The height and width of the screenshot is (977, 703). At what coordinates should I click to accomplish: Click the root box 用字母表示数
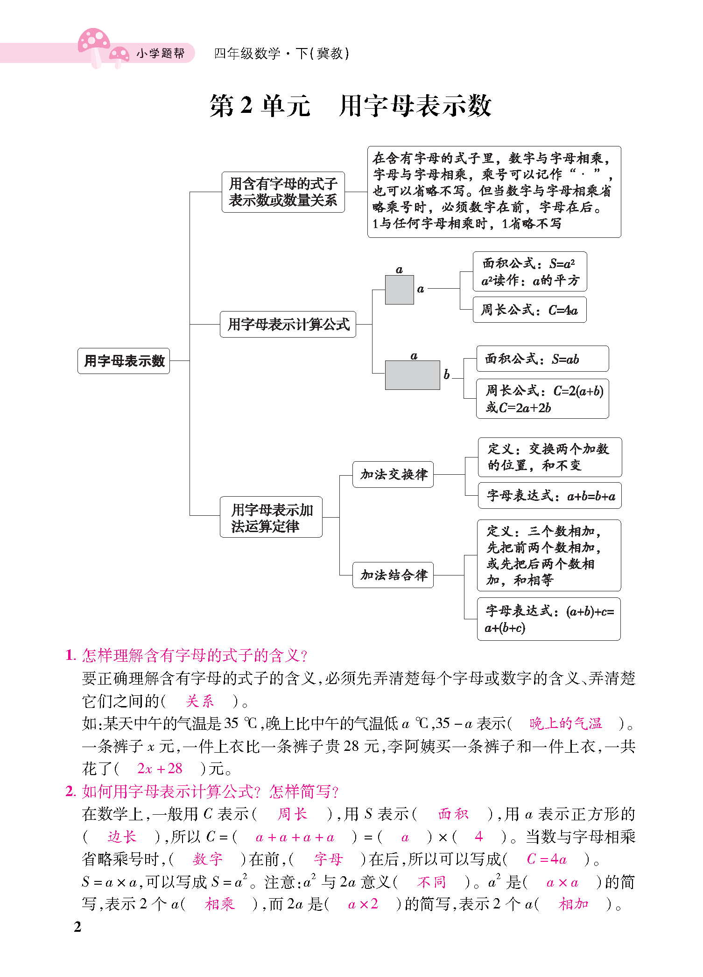[x=124, y=360]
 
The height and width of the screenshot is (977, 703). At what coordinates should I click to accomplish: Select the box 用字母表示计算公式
[x=288, y=324]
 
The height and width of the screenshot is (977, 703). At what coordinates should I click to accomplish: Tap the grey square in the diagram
[x=399, y=290]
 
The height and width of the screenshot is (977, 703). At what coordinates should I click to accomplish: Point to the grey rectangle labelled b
[x=412, y=375]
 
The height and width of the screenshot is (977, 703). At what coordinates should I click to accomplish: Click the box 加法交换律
[x=393, y=474]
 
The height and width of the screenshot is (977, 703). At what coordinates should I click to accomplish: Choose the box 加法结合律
[x=393, y=575]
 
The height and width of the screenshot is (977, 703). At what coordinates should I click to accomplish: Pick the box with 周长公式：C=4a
[x=529, y=310]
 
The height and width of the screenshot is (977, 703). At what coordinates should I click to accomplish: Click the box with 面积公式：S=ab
[x=542, y=359]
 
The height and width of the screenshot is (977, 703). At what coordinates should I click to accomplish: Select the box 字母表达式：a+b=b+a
[x=550, y=496]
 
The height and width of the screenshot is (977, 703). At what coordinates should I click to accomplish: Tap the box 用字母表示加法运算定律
[x=271, y=517]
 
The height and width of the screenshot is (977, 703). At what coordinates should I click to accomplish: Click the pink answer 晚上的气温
[x=565, y=723]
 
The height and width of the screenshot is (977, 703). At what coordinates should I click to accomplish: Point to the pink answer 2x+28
[x=160, y=768]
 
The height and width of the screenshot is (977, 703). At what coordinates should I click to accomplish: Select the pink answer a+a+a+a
[x=295, y=837]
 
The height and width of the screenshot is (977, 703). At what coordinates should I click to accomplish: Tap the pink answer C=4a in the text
[x=546, y=859]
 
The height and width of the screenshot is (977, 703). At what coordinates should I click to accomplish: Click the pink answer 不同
[x=431, y=882]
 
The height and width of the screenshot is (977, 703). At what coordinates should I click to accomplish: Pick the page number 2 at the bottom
[x=77, y=927]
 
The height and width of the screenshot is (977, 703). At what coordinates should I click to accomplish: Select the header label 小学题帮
[x=160, y=53]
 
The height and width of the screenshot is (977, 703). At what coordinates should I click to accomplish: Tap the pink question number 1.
[x=70, y=655]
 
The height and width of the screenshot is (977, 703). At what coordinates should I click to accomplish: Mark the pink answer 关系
[x=199, y=701]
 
